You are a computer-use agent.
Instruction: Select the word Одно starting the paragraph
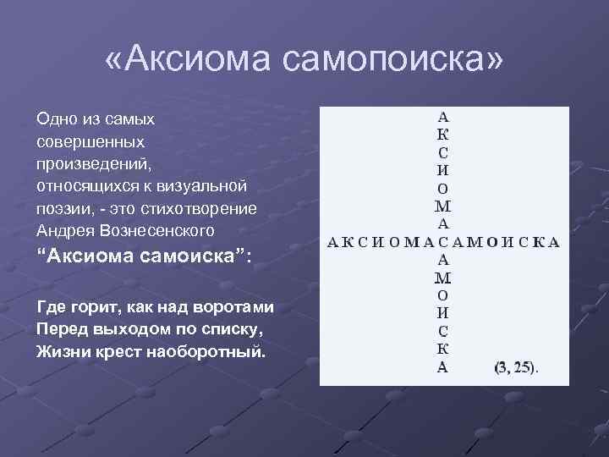click(57, 120)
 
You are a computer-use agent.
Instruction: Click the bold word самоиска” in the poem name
click(185, 257)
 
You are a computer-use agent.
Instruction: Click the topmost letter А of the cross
click(444, 116)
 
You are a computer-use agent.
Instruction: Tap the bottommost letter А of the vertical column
click(443, 367)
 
